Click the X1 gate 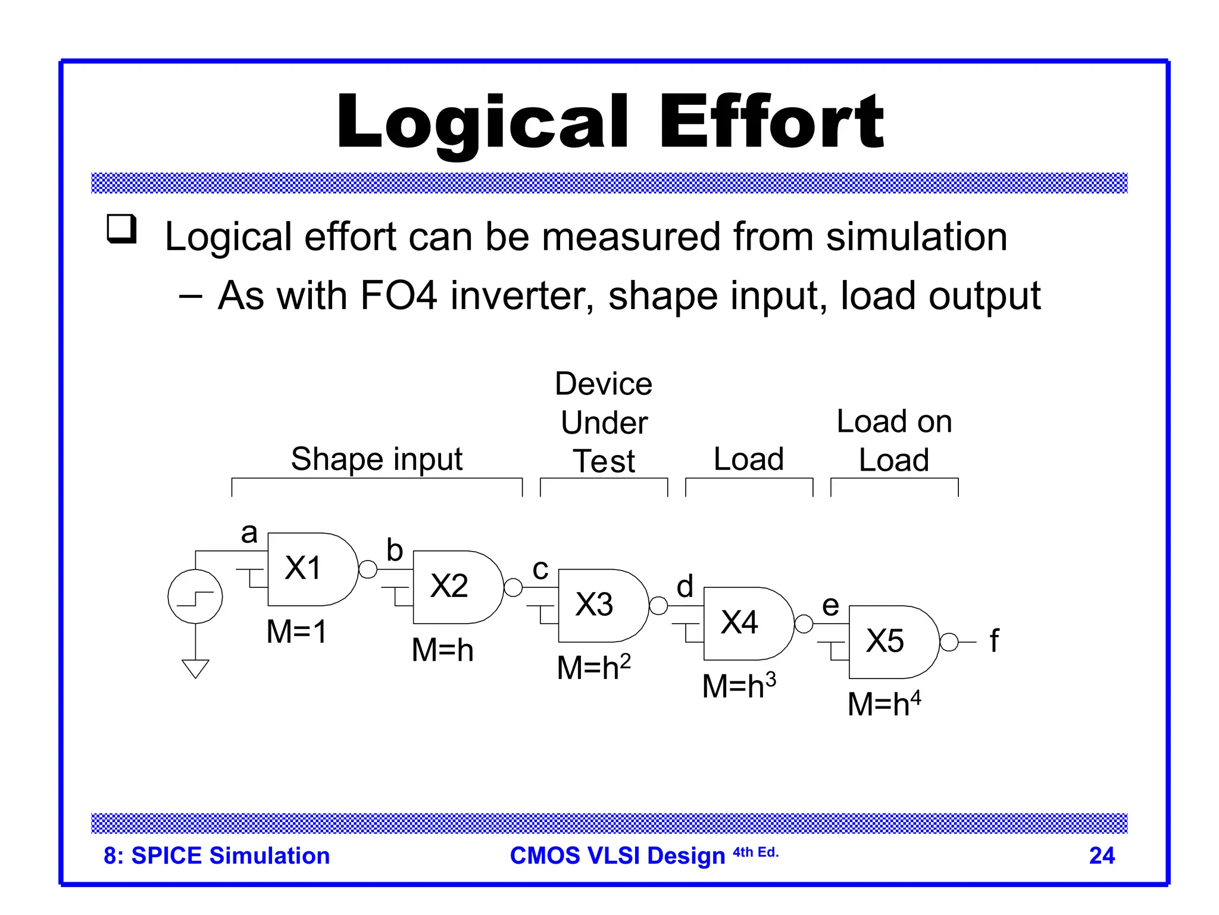[310, 569]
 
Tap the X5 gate [890, 642]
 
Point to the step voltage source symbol [195, 596]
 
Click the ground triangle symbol [195, 668]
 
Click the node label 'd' [685, 587]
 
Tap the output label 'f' [994, 642]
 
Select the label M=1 [296, 631]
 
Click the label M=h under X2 [442, 650]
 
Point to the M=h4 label [884, 704]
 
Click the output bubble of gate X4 [804, 624]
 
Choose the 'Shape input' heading [376, 459]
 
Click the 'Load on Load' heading [894, 441]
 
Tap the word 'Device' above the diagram [603, 384]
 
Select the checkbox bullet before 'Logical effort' [121, 229]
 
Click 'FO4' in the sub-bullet [398, 296]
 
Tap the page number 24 [1101, 855]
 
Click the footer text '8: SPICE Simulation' [217, 855]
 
